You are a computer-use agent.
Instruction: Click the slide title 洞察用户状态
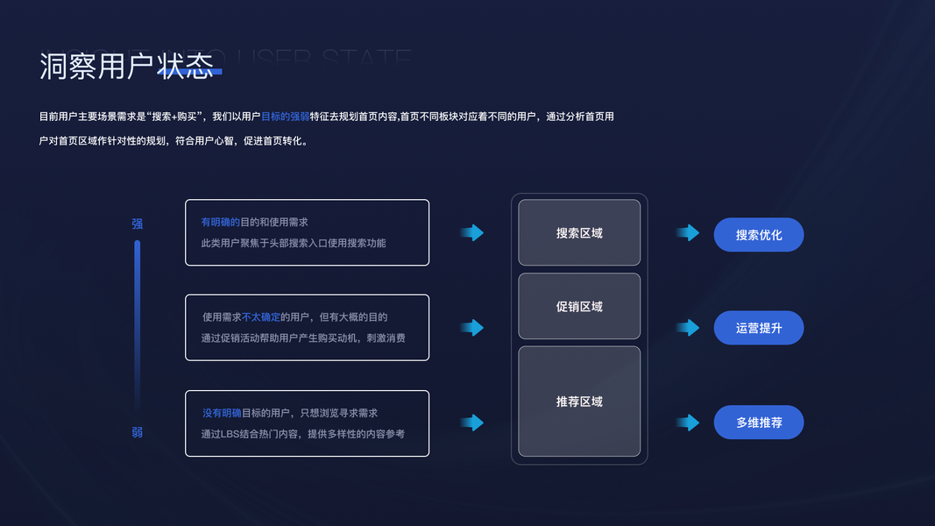[x=126, y=67]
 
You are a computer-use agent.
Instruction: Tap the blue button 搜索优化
[x=759, y=235]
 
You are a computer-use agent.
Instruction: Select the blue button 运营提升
[x=759, y=328]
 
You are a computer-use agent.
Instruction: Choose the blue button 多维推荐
[x=759, y=423]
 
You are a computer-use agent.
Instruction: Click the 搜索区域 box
[x=579, y=233]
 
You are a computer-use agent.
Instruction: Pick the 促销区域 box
[x=579, y=307]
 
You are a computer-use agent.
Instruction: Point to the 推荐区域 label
[x=579, y=402]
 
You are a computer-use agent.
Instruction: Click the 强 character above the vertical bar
[x=138, y=224]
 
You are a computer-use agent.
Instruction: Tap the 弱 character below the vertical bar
[x=138, y=432]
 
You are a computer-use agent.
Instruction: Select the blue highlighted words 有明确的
[x=220, y=223]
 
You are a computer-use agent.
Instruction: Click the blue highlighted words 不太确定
[x=260, y=317]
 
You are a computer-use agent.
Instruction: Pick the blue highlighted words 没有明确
[x=222, y=413]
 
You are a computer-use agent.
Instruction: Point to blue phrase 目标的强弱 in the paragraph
[x=285, y=117]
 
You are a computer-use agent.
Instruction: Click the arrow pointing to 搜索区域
[x=472, y=232]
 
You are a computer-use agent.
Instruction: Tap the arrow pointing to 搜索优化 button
[x=688, y=232]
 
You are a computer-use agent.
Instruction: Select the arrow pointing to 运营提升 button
[x=688, y=328]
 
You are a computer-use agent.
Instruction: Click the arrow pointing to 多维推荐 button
[x=688, y=423]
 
